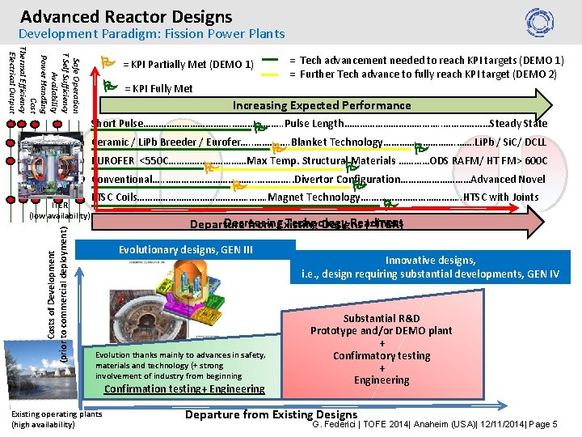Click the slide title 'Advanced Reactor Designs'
tap(126, 16)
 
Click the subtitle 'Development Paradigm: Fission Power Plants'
tap(151, 34)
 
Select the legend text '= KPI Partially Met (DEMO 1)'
tap(188, 65)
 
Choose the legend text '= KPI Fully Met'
tap(158, 88)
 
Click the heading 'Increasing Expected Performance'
tap(322, 105)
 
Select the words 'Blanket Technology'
tap(337, 142)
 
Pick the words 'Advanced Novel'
tap(508, 179)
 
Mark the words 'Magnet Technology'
tap(314, 197)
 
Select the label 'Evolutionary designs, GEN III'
tap(186, 249)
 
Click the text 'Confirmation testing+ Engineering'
tap(185, 389)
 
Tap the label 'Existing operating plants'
tap(56, 414)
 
